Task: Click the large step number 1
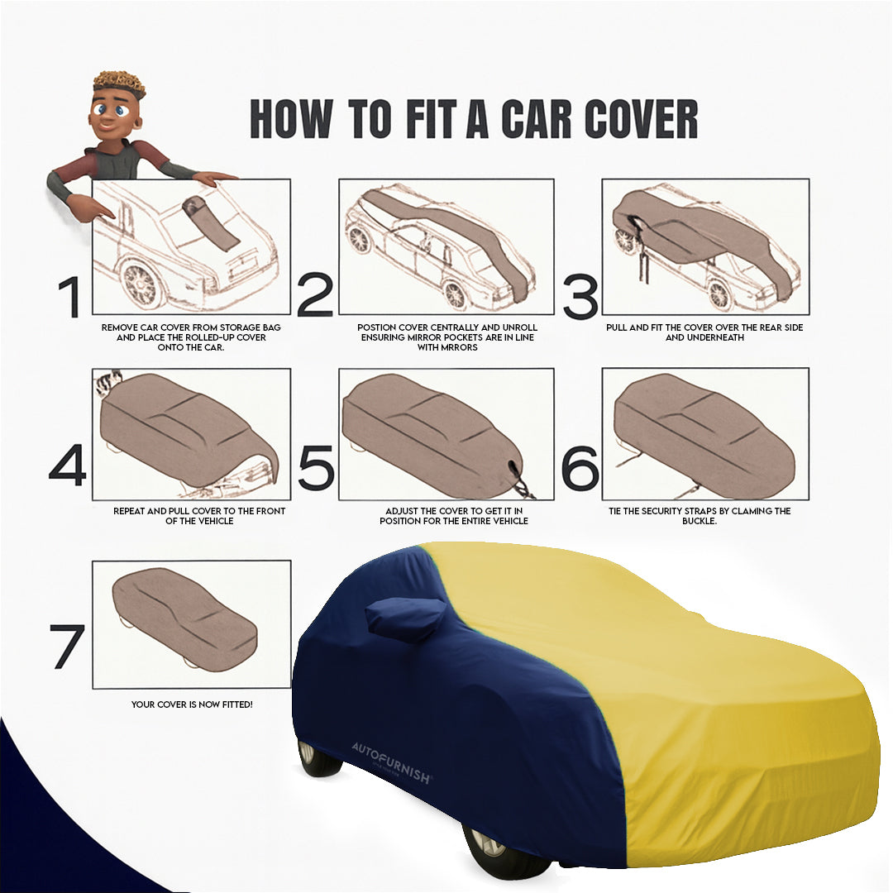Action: click(70, 297)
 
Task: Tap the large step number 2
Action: click(314, 295)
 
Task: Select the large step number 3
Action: click(580, 298)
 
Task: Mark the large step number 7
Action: click(67, 646)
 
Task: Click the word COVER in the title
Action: click(642, 120)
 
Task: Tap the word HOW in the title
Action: click(290, 120)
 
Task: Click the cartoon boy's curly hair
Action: click(119, 84)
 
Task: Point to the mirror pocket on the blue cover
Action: click(406, 618)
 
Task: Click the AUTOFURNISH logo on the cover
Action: click(391, 762)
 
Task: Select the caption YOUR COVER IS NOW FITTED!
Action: click(192, 704)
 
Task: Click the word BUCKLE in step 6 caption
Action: click(699, 522)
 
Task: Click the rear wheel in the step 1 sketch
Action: click(141, 284)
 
